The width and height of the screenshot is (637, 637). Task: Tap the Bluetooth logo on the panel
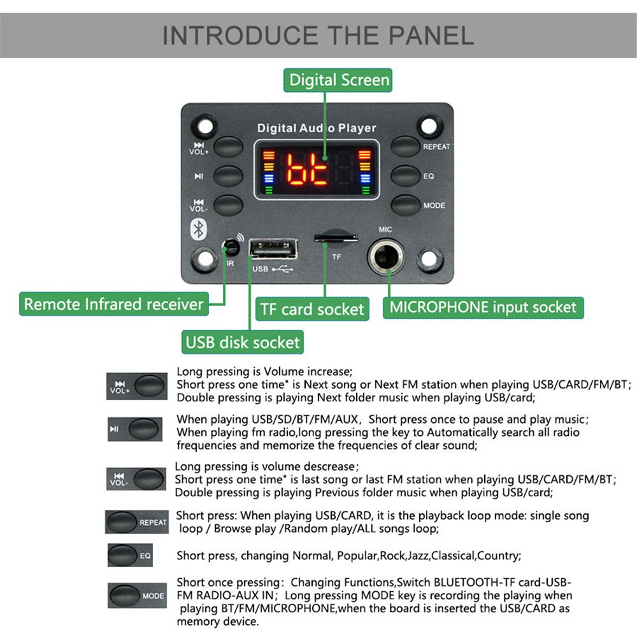click(197, 229)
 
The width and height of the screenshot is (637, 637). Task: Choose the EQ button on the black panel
click(405, 176)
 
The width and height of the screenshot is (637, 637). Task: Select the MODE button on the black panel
click(405, 205)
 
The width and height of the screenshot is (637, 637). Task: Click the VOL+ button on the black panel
click(228, 147)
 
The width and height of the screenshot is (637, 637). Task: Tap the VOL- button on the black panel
click(228, 205)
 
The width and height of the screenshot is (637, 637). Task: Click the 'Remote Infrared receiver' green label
click(113, 304)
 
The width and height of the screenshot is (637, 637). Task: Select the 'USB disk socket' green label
click(242, 342)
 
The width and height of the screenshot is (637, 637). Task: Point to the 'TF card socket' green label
click(312, 310)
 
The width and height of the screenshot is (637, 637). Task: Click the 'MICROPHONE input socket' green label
click(483, 307)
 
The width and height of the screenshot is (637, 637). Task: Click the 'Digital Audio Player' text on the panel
click(317, 128)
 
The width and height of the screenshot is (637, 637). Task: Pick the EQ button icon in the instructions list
click(122, 555)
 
